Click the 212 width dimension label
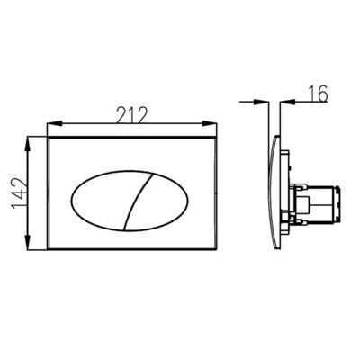pos(132,115)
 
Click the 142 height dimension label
pos(19,193)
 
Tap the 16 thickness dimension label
pos(318,94)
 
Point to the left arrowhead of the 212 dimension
pos(54,123)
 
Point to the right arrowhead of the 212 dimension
pos(209,123)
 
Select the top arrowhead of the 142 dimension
pos(28,144)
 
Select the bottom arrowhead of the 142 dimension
pos(28,242)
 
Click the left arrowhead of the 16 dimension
pos(261,102)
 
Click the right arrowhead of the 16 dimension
pos(287,102)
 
